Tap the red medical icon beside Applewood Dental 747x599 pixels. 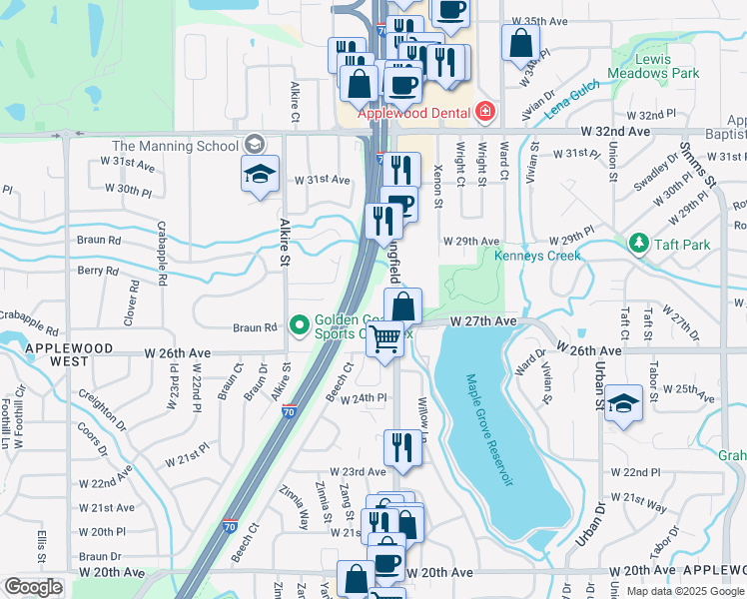(x=485, y=112)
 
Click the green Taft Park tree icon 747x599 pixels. (x=637, y=243)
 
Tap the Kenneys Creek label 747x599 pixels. (x=537, y=257)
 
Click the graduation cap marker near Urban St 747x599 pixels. (x=623, y=402)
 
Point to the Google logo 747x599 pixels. (x=34, y=587)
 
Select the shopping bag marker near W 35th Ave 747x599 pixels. (x=521, y=44)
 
